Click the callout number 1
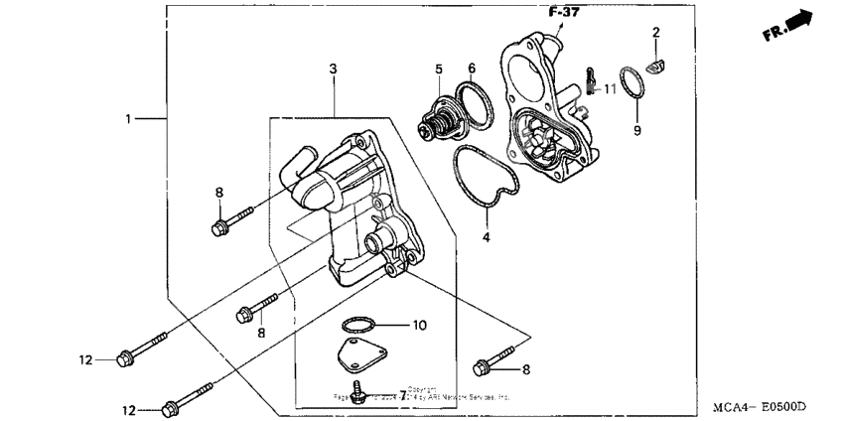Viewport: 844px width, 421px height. coord(128,119)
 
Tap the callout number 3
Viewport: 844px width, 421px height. coord(334,68)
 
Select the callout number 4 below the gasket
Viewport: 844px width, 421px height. coord(487,237)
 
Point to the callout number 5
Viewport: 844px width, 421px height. coord(437,69)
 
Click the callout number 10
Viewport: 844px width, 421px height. coord(419,325)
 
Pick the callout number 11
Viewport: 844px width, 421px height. coord(610,89)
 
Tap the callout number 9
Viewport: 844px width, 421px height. coord(638,130)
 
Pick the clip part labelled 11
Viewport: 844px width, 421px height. coord(591,77)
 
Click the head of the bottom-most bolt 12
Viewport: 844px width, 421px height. coord(169,407)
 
